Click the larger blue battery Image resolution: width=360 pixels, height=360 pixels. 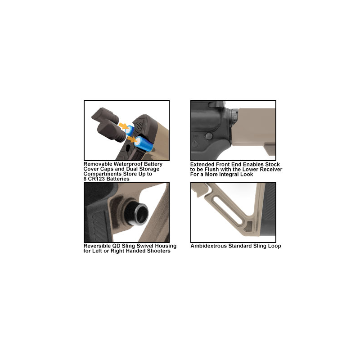tap(143, 144)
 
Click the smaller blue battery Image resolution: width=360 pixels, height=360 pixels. tap(130, 130)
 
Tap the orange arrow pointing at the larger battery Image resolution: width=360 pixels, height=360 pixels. tap(132, 139)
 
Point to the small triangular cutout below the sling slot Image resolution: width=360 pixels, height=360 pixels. tap(248, 226)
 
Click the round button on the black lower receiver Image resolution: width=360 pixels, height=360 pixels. tap(209, 136)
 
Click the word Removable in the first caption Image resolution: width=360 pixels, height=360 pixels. tap(98, 164)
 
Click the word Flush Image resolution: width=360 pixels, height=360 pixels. tap(211, 170)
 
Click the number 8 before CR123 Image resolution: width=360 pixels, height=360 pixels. tap(85, 179)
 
